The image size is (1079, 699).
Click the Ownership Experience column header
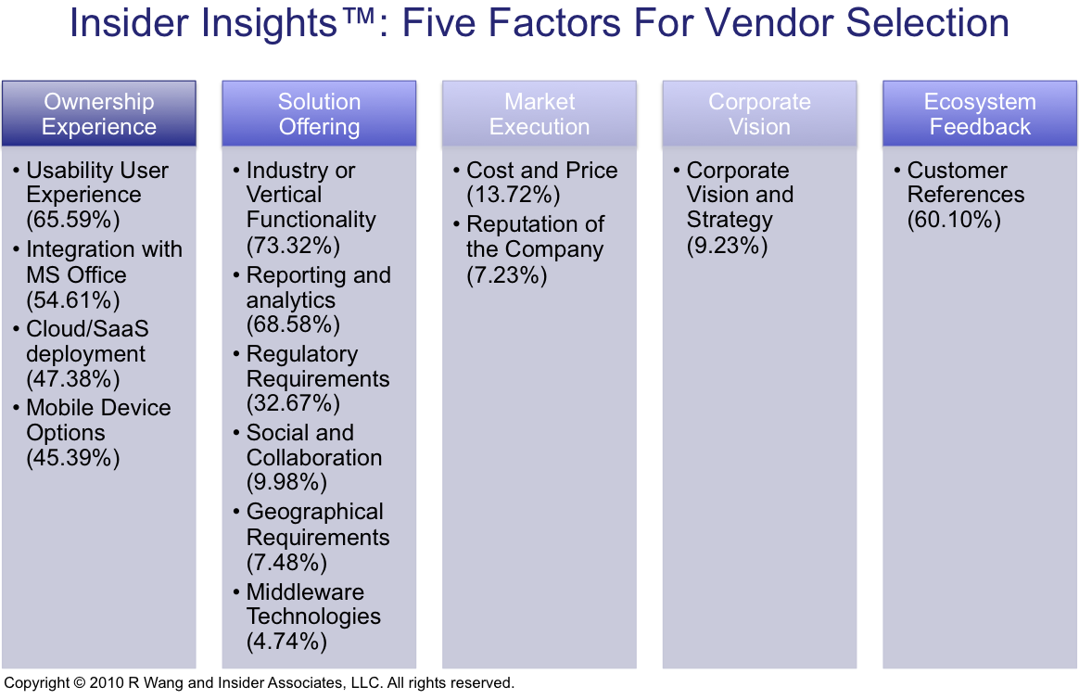pos(99,113)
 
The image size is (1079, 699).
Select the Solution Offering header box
pos(319,113)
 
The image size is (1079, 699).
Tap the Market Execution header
pos(539,113)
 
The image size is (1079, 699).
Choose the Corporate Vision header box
pos(760,113)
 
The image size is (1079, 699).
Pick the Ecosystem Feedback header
pos(980,113)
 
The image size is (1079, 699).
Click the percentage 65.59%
pos(73,220)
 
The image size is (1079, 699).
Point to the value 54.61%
pos(73,300)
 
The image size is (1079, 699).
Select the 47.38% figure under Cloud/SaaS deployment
pos(73,379)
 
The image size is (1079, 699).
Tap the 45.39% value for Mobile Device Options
pos(73,458)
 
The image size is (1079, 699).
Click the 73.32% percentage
pos(293,246)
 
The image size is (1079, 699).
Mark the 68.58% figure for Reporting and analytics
pos(293,324)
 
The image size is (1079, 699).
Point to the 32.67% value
pos(293,403)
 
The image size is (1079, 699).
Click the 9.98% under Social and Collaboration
pos(287,482)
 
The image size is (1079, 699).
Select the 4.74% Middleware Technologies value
pos(287,642)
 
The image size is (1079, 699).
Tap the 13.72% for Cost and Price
pos(514,195)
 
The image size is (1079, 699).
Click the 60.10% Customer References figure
pos(954,220)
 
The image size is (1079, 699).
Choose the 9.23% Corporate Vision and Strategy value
pos(728,246)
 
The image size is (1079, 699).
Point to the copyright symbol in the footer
pos(79,683)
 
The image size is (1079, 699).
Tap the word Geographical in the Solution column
pos(314,513)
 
